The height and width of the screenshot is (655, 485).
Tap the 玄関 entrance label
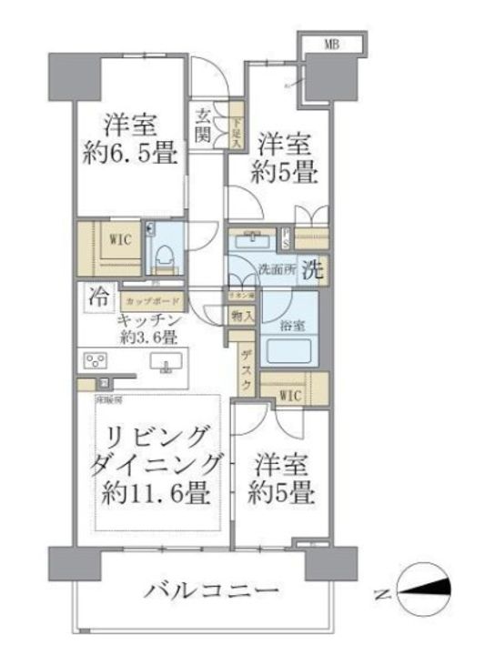[x=202, y=126]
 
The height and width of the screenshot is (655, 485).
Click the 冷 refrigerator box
[x=96, y=296]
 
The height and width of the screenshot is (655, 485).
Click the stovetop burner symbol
[x=94, y=359]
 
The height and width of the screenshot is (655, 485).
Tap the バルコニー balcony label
[x=211, y=591]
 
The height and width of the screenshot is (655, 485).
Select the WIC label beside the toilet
[x=119, y=241]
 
